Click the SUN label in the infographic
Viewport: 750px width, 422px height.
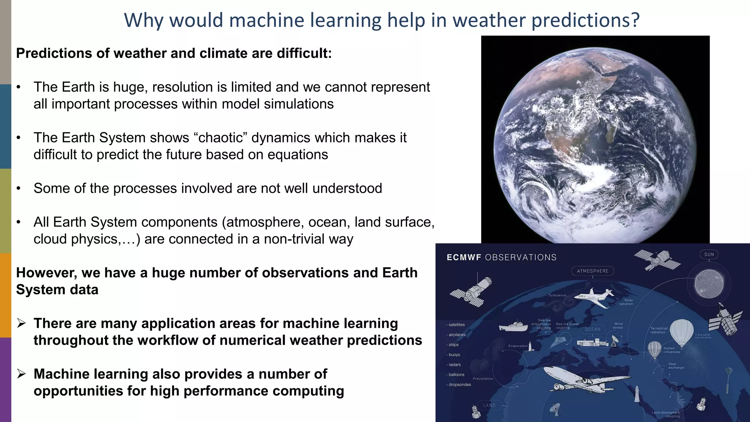coord(709,254)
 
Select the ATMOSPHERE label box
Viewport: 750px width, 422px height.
coord(593,271)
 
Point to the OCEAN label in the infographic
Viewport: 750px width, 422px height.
coord(593,329)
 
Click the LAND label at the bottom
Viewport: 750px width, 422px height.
coord(489,405)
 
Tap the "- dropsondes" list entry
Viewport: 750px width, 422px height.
coord(459,385)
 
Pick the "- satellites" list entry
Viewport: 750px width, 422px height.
coord(456,325)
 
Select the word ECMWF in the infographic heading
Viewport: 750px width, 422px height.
coord(464,258)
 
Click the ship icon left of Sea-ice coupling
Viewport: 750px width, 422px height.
coord(513,326)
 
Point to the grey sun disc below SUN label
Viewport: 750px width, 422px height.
coord(709,284)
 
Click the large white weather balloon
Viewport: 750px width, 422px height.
coord(682,332)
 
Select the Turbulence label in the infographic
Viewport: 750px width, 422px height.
coord(557,295)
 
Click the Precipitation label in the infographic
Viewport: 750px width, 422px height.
coord(483,379)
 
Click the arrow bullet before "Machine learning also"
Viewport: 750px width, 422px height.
coord(22,374)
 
